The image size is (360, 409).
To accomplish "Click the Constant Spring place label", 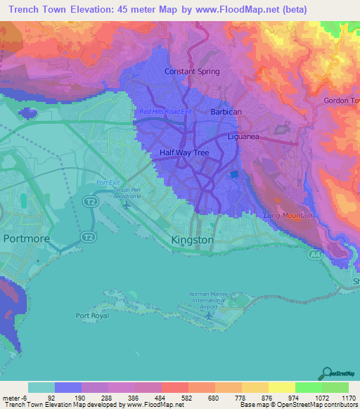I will (x=192, y=72).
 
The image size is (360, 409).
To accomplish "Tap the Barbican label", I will (x=226, y=112).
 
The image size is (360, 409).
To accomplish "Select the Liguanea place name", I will (x=244, y=137).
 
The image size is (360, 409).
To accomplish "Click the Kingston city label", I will (x=192, y=240).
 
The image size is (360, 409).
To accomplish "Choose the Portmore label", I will (x=26, y=238).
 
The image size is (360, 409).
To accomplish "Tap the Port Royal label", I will (x=92, y=315).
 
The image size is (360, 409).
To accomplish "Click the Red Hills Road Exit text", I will (x=165, y=112).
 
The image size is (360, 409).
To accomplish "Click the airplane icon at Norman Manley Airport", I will (x=209, y=317).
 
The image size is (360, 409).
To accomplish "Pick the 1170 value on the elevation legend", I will (x=347, y=397).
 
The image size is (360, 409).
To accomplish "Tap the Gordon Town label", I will (x=341, y=100).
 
